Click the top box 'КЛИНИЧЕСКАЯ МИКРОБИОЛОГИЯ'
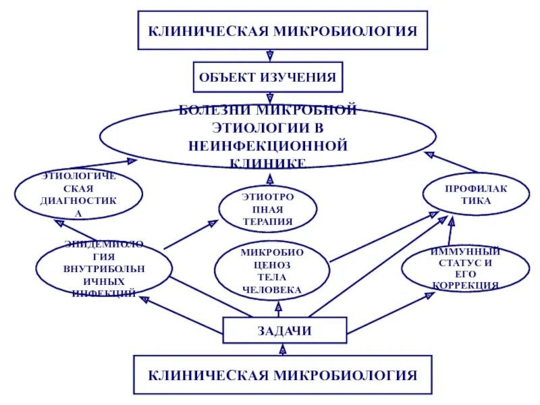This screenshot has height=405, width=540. coord(282,30)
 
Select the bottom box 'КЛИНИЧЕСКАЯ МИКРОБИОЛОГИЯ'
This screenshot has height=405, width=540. coord(282,375)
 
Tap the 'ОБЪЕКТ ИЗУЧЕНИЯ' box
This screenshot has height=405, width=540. coord(268,77)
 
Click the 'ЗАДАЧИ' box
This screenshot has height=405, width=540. coord(284,330)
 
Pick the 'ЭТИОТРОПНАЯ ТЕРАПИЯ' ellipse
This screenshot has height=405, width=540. coord(267,209)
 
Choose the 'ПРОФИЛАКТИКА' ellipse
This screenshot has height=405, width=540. coord(477,193)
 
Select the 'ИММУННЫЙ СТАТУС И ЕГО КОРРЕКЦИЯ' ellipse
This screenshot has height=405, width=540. coord(466,268)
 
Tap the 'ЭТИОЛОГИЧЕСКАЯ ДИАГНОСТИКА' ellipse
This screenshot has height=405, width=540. coord(79,194)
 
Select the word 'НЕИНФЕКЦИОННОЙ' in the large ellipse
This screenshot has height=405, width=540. coord(268,145)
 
